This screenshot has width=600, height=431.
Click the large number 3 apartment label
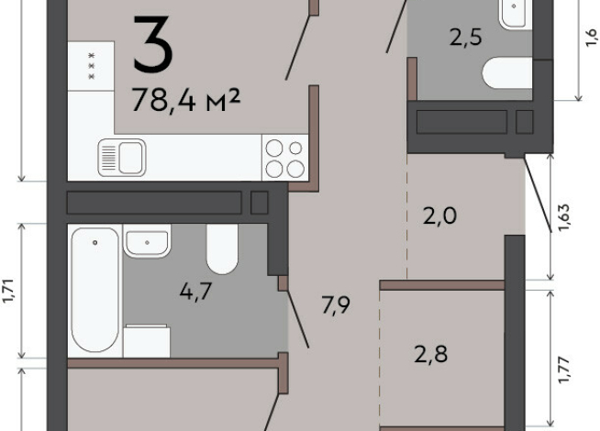pos(153,44)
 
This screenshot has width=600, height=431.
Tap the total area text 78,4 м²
pos(186,101)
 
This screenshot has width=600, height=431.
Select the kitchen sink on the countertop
pos(122,158)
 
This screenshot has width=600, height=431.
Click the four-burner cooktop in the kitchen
pos(284,158)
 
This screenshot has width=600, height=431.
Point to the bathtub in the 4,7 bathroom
pos(94,290)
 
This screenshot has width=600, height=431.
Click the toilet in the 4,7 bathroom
pos(222,249)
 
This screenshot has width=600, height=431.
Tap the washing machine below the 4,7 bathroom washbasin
pos(147,341)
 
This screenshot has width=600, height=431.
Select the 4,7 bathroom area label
pos(195,292)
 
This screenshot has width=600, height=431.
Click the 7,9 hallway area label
pos(336,304)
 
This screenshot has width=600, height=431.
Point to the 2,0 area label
pos(439,215)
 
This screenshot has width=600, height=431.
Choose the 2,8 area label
pos(431,354)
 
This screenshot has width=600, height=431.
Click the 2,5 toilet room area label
pos(465,38)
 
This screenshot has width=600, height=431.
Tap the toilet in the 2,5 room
pos(507,72)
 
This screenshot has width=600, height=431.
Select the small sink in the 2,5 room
pos(514,13)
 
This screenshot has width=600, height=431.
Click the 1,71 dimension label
pos(8,292)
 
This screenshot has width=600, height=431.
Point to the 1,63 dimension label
pos(564,218)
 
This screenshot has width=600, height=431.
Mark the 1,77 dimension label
pos(564,370)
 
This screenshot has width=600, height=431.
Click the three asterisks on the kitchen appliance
pos(92,66)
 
